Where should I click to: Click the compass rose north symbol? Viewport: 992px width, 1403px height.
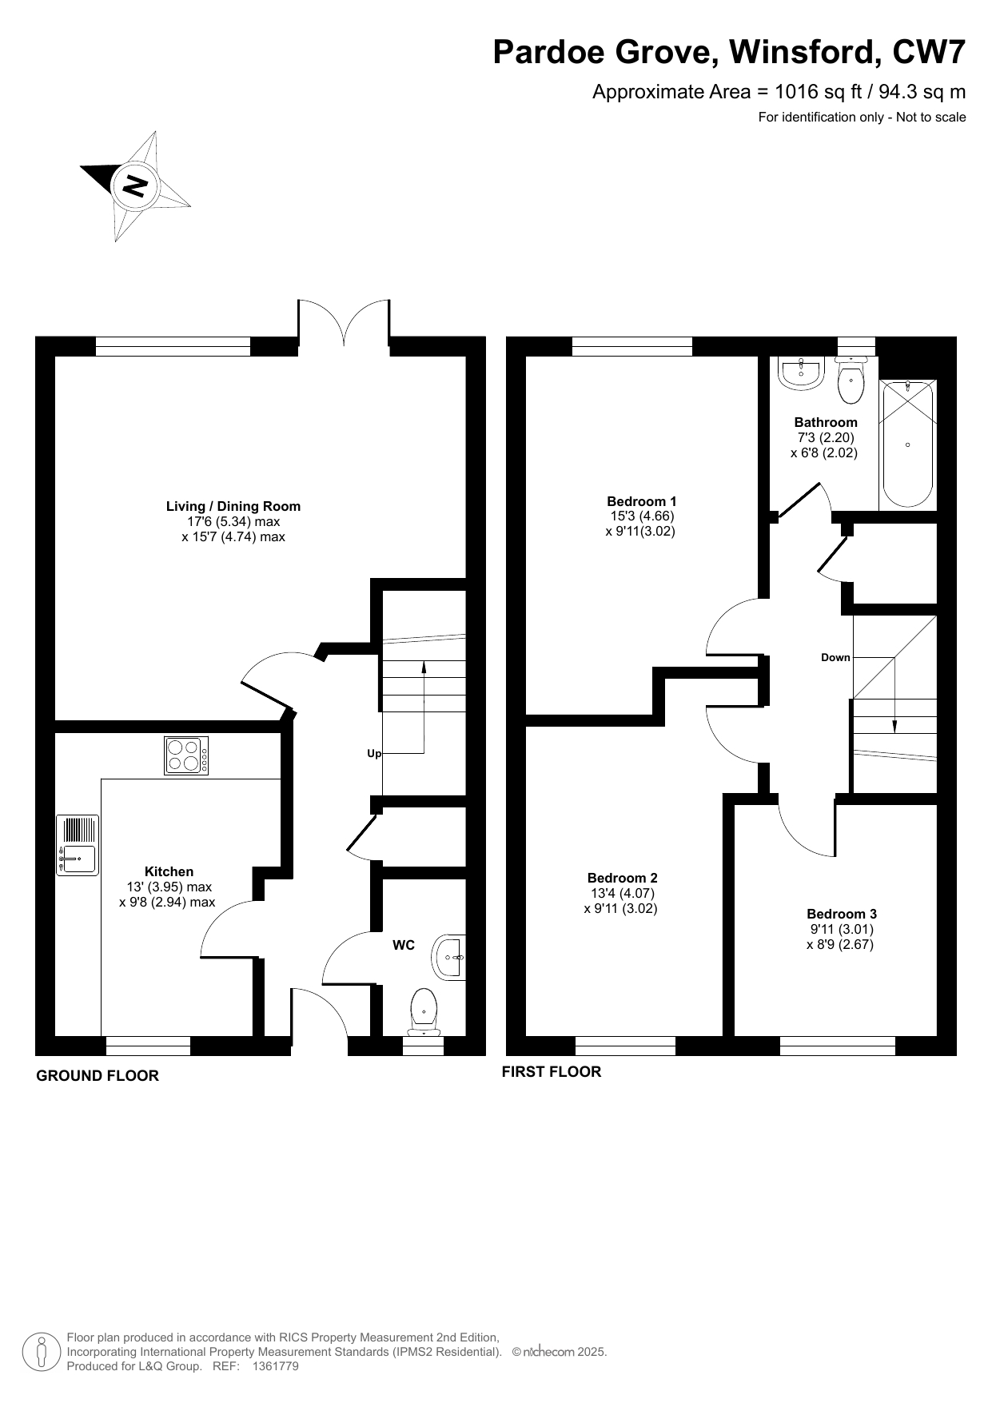pyautogui.click(x=135, y=185)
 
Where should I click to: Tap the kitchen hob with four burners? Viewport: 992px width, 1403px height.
pyautogui.click(x=186, y=755)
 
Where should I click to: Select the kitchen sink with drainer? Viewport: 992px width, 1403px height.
pyautogui.click(x=78, y=845)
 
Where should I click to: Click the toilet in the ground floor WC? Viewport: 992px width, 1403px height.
pyautogui.click(x=424, y=1011)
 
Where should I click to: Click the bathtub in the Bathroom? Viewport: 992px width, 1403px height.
pyautogui.click(x=907, y=444)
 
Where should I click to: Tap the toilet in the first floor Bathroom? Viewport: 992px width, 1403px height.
pyautogui.click(x=851, y=380)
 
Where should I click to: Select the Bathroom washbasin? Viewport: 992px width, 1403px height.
pyautogui.click(x=801, y=373)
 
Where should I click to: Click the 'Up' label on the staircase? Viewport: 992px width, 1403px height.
pyautogui.click(x=373, y=753)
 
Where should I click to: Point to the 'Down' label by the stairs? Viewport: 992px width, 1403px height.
pyautogui.click(x=835, y=657)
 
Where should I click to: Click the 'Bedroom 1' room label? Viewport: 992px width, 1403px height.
pyautogui.click(x=641, y=501)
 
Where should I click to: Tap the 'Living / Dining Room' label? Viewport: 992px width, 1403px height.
pyautogui.click(x=233, y=506)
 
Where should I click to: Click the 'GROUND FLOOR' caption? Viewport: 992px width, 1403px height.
pyautogui.click(x=98, y=1075)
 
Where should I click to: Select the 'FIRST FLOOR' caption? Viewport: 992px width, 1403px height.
pyautogui.click(x=552, y=1071)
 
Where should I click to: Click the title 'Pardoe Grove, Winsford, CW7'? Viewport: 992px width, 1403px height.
pyautogui.click(x=729, y=52)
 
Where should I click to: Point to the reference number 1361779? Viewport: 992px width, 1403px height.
pyautogui.click(x=275, y=1366)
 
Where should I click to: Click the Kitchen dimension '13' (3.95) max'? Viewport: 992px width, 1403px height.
pyautogui.click(x=169, y=887)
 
